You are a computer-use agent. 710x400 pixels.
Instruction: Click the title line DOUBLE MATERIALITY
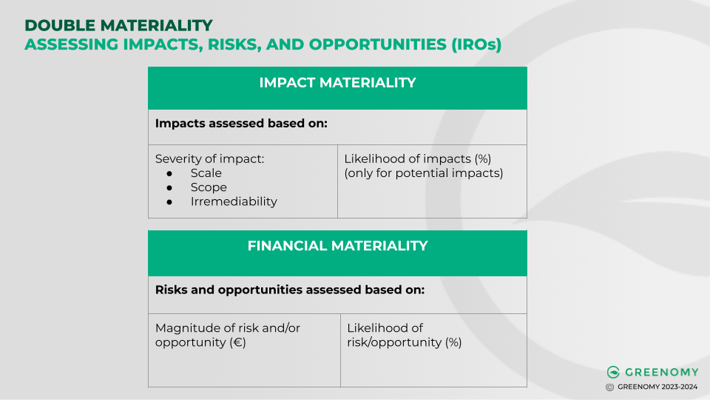tap(118, 26)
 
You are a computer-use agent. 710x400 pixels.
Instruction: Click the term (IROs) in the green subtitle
tap(476, 44)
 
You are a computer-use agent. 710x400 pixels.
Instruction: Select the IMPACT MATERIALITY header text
tap(337, 83)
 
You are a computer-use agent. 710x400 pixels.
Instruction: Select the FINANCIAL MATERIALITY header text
tap(337, 246)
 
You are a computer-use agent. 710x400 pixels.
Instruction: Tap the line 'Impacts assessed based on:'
tap(241, 123)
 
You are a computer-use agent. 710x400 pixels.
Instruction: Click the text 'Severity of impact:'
tap(209, 159)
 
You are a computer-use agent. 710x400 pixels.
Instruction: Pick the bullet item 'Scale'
tap(206, 173)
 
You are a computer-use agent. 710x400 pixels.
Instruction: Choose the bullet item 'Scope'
tap(209, 187)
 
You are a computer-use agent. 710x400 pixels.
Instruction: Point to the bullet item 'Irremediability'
tap(234, 201)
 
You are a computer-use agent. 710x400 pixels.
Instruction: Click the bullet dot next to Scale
tap(169, 173)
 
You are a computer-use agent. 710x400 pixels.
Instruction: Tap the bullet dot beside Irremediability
tap(169, 201)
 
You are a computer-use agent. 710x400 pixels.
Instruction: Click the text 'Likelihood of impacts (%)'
tap(418, 159)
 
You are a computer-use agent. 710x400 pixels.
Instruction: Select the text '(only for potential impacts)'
tap(424, 173)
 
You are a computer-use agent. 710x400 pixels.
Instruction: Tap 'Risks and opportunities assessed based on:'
tap(290, 290)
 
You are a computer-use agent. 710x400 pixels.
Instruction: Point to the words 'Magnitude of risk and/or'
tap(228, 327)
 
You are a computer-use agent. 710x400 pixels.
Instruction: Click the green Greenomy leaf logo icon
tap(612, 372)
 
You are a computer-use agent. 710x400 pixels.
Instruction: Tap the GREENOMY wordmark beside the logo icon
tap(660, 372)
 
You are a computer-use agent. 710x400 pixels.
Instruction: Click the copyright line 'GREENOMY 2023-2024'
tap(658, 387)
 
